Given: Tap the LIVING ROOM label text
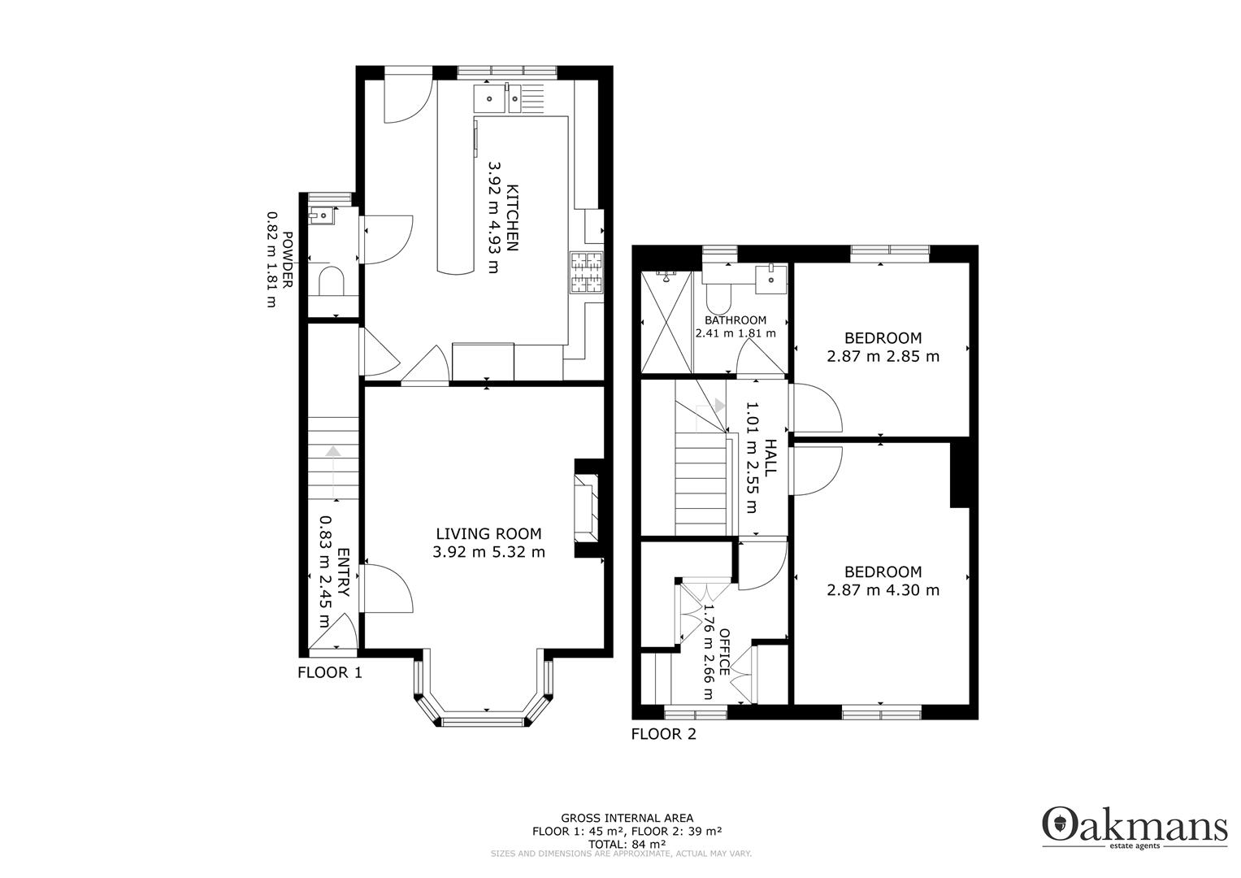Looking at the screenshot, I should pos(488,534).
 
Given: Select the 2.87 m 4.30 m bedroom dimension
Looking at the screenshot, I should pos(883,590).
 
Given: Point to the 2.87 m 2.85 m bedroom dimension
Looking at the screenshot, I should pos(883,356).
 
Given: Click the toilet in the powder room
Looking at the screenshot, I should pos(331,282).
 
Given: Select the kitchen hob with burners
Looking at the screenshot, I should pos(588,272).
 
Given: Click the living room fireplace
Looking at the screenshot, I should pos(588,509).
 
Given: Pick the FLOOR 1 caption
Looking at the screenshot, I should pos(329,672).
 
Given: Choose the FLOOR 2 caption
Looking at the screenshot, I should pos(663,734).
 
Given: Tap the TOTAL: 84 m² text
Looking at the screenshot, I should pos(627,843).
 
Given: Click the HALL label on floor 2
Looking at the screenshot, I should pos(770,458).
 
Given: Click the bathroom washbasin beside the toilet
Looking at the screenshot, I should pos(769,279).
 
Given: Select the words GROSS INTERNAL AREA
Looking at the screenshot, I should pos(627,818).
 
